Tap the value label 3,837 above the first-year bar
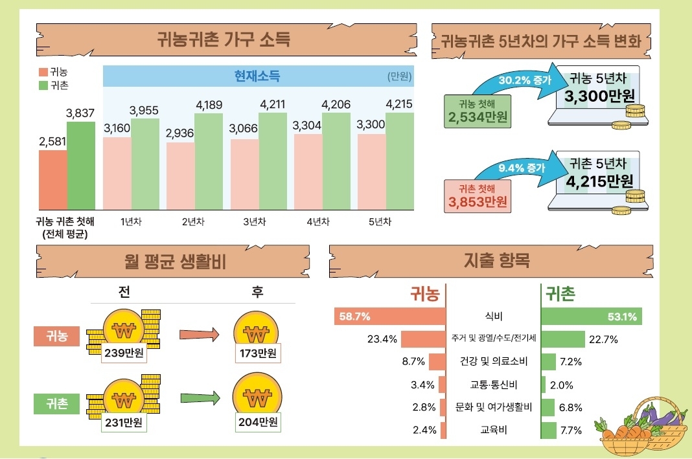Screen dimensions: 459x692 click(80, 113)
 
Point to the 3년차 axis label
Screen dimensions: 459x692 click(254, 221)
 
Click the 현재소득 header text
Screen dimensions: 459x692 click(257, 76)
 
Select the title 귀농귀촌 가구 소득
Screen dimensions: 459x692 click(224, 39)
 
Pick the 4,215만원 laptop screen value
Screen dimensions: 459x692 click(599, 181)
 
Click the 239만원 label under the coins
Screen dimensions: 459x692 click(123, 353)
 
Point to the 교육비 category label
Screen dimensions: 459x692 click(493, 429)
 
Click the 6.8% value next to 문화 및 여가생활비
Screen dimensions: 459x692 click(570, 407)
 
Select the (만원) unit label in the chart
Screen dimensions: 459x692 click(400, 76)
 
